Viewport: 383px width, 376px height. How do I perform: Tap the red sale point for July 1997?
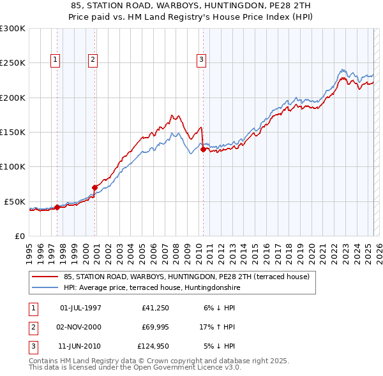57,207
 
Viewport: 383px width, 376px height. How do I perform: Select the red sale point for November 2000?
94,187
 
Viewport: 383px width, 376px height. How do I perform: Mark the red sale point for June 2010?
203,150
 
